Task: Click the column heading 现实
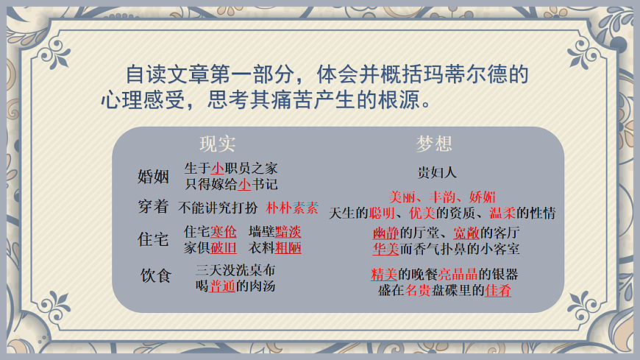click(218, 144)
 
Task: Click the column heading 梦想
click(435, 143)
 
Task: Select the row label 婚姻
click(154, 177)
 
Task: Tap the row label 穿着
click(154, 207)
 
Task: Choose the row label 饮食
click(156, 276)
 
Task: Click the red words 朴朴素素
click(292, 208)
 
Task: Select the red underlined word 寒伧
click(224, 232)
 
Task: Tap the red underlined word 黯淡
click(288, 232)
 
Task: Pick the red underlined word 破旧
click(224, 247)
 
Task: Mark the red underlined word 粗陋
click(288, 247)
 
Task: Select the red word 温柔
click(503, 213)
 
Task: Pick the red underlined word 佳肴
click(498, 290)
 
